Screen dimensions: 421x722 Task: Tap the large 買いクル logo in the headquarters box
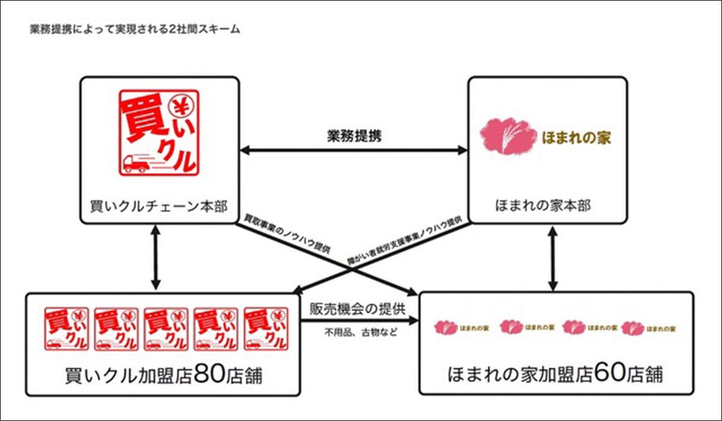click(x=158, y=132)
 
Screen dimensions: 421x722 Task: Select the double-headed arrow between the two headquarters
click(x=353, y=150)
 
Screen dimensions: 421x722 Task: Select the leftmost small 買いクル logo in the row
click(x=67, y=328)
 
